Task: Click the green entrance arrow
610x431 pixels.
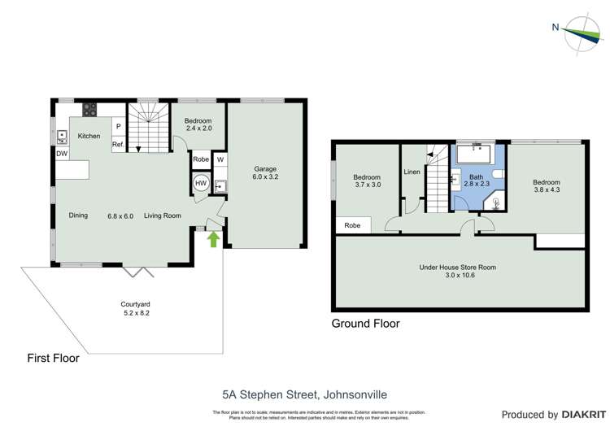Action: pos(214,238)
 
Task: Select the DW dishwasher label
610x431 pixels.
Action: pos(62,153)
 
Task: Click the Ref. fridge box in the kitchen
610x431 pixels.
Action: pos(118,145)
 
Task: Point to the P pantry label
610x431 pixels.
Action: pos(118,127)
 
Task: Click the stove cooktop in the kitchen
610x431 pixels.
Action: pos(88,111)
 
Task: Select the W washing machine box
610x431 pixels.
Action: pos(220,159)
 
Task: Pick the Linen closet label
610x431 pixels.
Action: pos(412,172)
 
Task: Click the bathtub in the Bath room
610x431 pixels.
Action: pos(478,154)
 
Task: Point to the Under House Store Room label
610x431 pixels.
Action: pos(457,267)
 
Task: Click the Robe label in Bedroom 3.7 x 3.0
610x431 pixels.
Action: pos(352,225)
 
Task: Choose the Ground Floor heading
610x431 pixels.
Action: pos(365,323)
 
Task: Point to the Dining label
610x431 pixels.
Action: pos(78,215)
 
